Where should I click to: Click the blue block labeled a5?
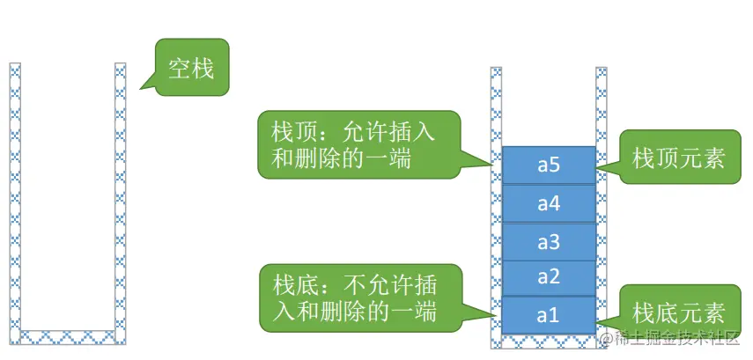click(x=549, y=165)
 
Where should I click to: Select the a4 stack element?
click(x=549, y=203)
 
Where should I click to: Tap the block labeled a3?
click(x=549, y=241)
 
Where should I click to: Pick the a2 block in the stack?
click(x=549, y=277)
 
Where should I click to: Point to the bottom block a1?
click(x=549, y=314)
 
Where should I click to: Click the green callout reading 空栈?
click(x=191, y=68)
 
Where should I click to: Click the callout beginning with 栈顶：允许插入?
click(x=359, y=143)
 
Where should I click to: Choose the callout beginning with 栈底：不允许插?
click(x=359, y=297)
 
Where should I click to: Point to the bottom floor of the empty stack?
click(x=68, y=336)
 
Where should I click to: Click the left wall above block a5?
click(x=497, y=106)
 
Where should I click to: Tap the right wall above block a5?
click(x=602, y=106)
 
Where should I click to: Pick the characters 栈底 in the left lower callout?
click(x=293, y=286)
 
